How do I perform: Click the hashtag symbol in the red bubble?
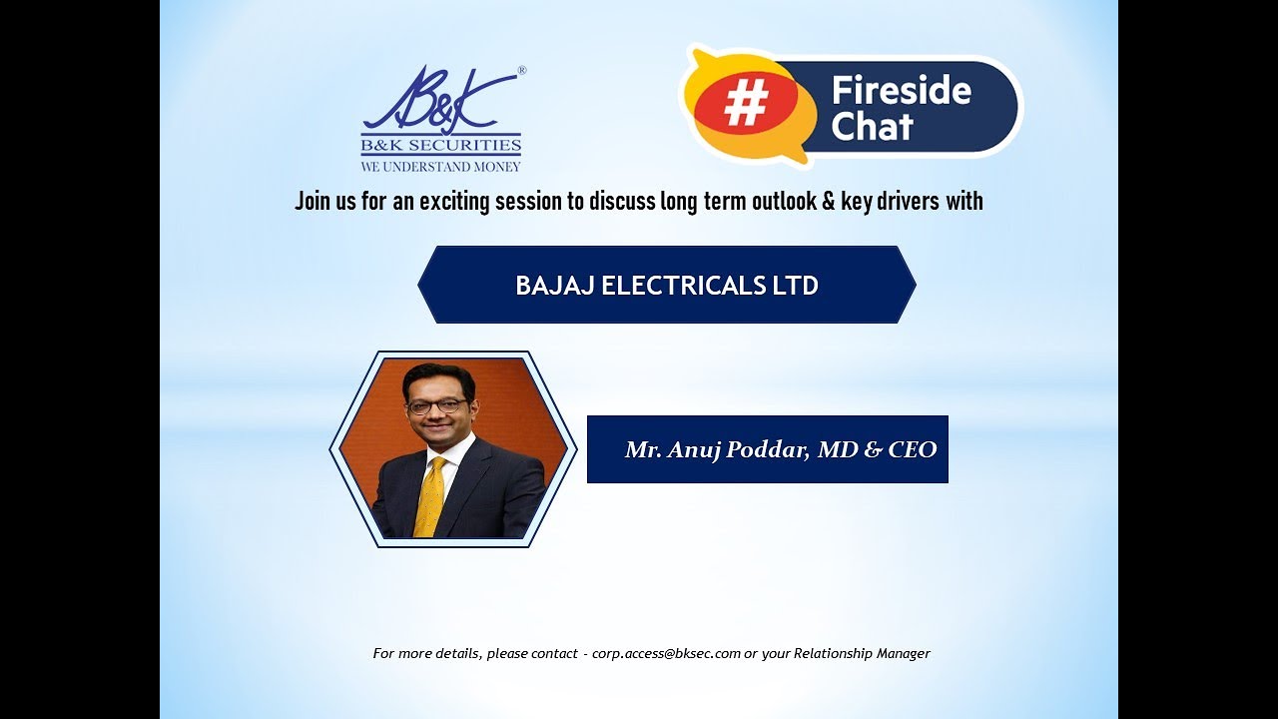click(x=747, y=102)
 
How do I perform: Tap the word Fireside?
click(x=901, y=91)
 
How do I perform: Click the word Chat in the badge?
click(x=872, y=127)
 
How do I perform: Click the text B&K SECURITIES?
click(x=440, y=146)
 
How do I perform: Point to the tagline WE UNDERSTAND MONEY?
click(x=440, y=166)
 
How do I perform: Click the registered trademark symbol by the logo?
click(x=521, y=71)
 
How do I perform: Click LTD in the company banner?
click(x=795, y=286)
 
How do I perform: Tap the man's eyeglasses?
click(x=436, y=406)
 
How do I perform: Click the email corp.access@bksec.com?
click(x=666, y=653)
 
